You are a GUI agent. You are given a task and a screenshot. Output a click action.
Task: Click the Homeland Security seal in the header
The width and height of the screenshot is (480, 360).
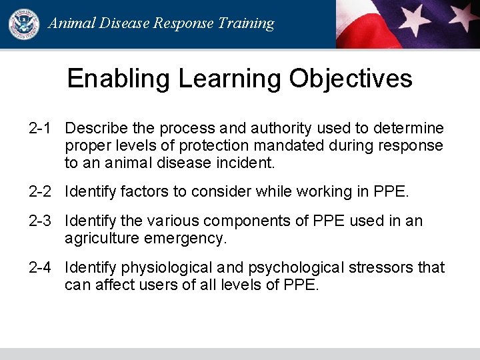24,23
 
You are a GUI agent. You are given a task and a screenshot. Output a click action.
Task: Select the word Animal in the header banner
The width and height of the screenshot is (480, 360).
71,23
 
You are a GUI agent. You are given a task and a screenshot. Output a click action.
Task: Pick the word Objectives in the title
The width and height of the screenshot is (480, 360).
351,79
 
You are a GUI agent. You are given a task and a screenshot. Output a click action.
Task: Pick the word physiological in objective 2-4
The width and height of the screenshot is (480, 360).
165,267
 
